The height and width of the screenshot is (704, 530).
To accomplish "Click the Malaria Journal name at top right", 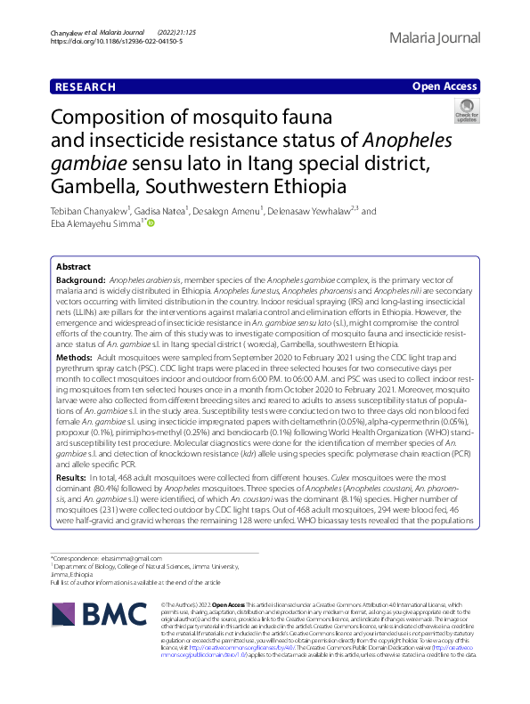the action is [435, 38].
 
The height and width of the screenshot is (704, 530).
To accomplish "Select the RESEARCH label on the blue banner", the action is [85, 86].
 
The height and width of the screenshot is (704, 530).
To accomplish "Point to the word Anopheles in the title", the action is [404, 141].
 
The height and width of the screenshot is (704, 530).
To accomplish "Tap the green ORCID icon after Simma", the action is [151, 224].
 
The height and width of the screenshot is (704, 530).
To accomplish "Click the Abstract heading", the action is [73, 267].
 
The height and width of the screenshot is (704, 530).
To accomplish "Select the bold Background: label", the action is [81, 279].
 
